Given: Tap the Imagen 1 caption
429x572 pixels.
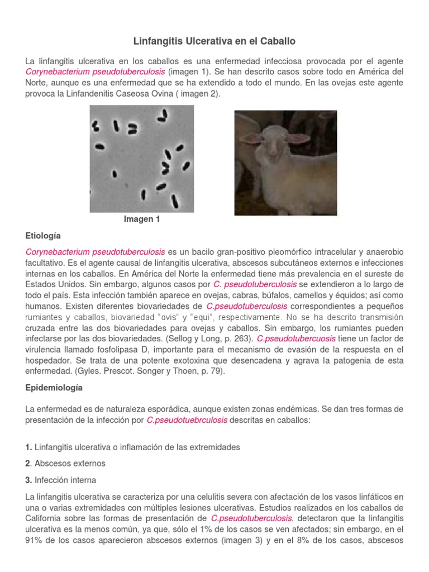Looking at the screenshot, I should tap(142, 220).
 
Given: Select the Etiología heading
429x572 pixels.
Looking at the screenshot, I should tap(43, 236).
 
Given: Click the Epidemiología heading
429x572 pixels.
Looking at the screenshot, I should tap(54, 387).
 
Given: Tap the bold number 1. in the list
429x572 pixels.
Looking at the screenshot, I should tap(28, 447).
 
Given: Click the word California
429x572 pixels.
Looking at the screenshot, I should tap(46, 518).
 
